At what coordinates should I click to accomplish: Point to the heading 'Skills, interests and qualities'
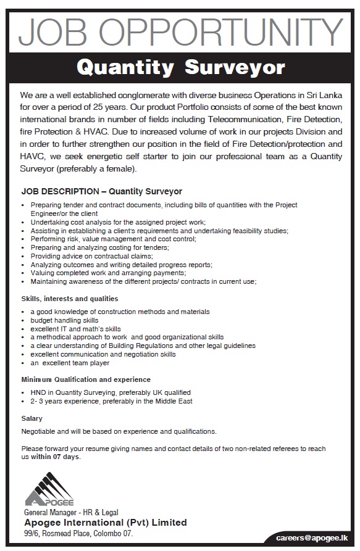pos(69,298)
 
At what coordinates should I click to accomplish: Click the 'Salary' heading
pos(32,418)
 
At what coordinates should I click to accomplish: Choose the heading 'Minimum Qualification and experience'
pos(86,379)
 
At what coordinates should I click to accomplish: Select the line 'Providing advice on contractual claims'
pos(91,255)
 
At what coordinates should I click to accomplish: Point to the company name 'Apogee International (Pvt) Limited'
pos(105,522)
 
